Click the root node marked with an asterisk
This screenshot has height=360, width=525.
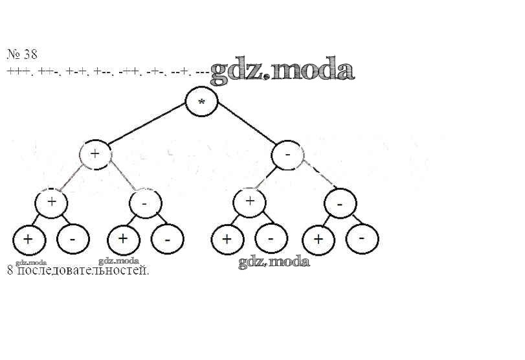click(201, 102)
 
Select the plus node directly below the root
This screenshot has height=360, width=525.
click(96, 154)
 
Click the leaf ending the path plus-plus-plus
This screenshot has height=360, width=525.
click(28, 240)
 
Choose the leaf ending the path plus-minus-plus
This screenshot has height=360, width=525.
click(123, 240)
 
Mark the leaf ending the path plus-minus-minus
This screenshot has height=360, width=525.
click(167, 240)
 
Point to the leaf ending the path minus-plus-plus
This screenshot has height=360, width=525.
click(227, 240)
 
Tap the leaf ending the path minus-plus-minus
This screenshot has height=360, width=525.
click(271, 240)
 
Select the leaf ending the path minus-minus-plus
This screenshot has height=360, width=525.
click(318, 240)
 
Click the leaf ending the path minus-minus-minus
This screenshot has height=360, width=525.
click(361, 238)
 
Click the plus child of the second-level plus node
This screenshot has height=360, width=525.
click(52, 203)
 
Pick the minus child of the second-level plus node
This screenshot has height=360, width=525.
click(145, 203)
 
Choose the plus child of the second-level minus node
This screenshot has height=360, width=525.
click(251, 201)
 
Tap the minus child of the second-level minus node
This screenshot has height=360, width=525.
click(340, 203)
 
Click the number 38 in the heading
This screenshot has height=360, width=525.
click(30, 54)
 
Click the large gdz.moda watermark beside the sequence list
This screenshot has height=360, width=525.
click(283, 71)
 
